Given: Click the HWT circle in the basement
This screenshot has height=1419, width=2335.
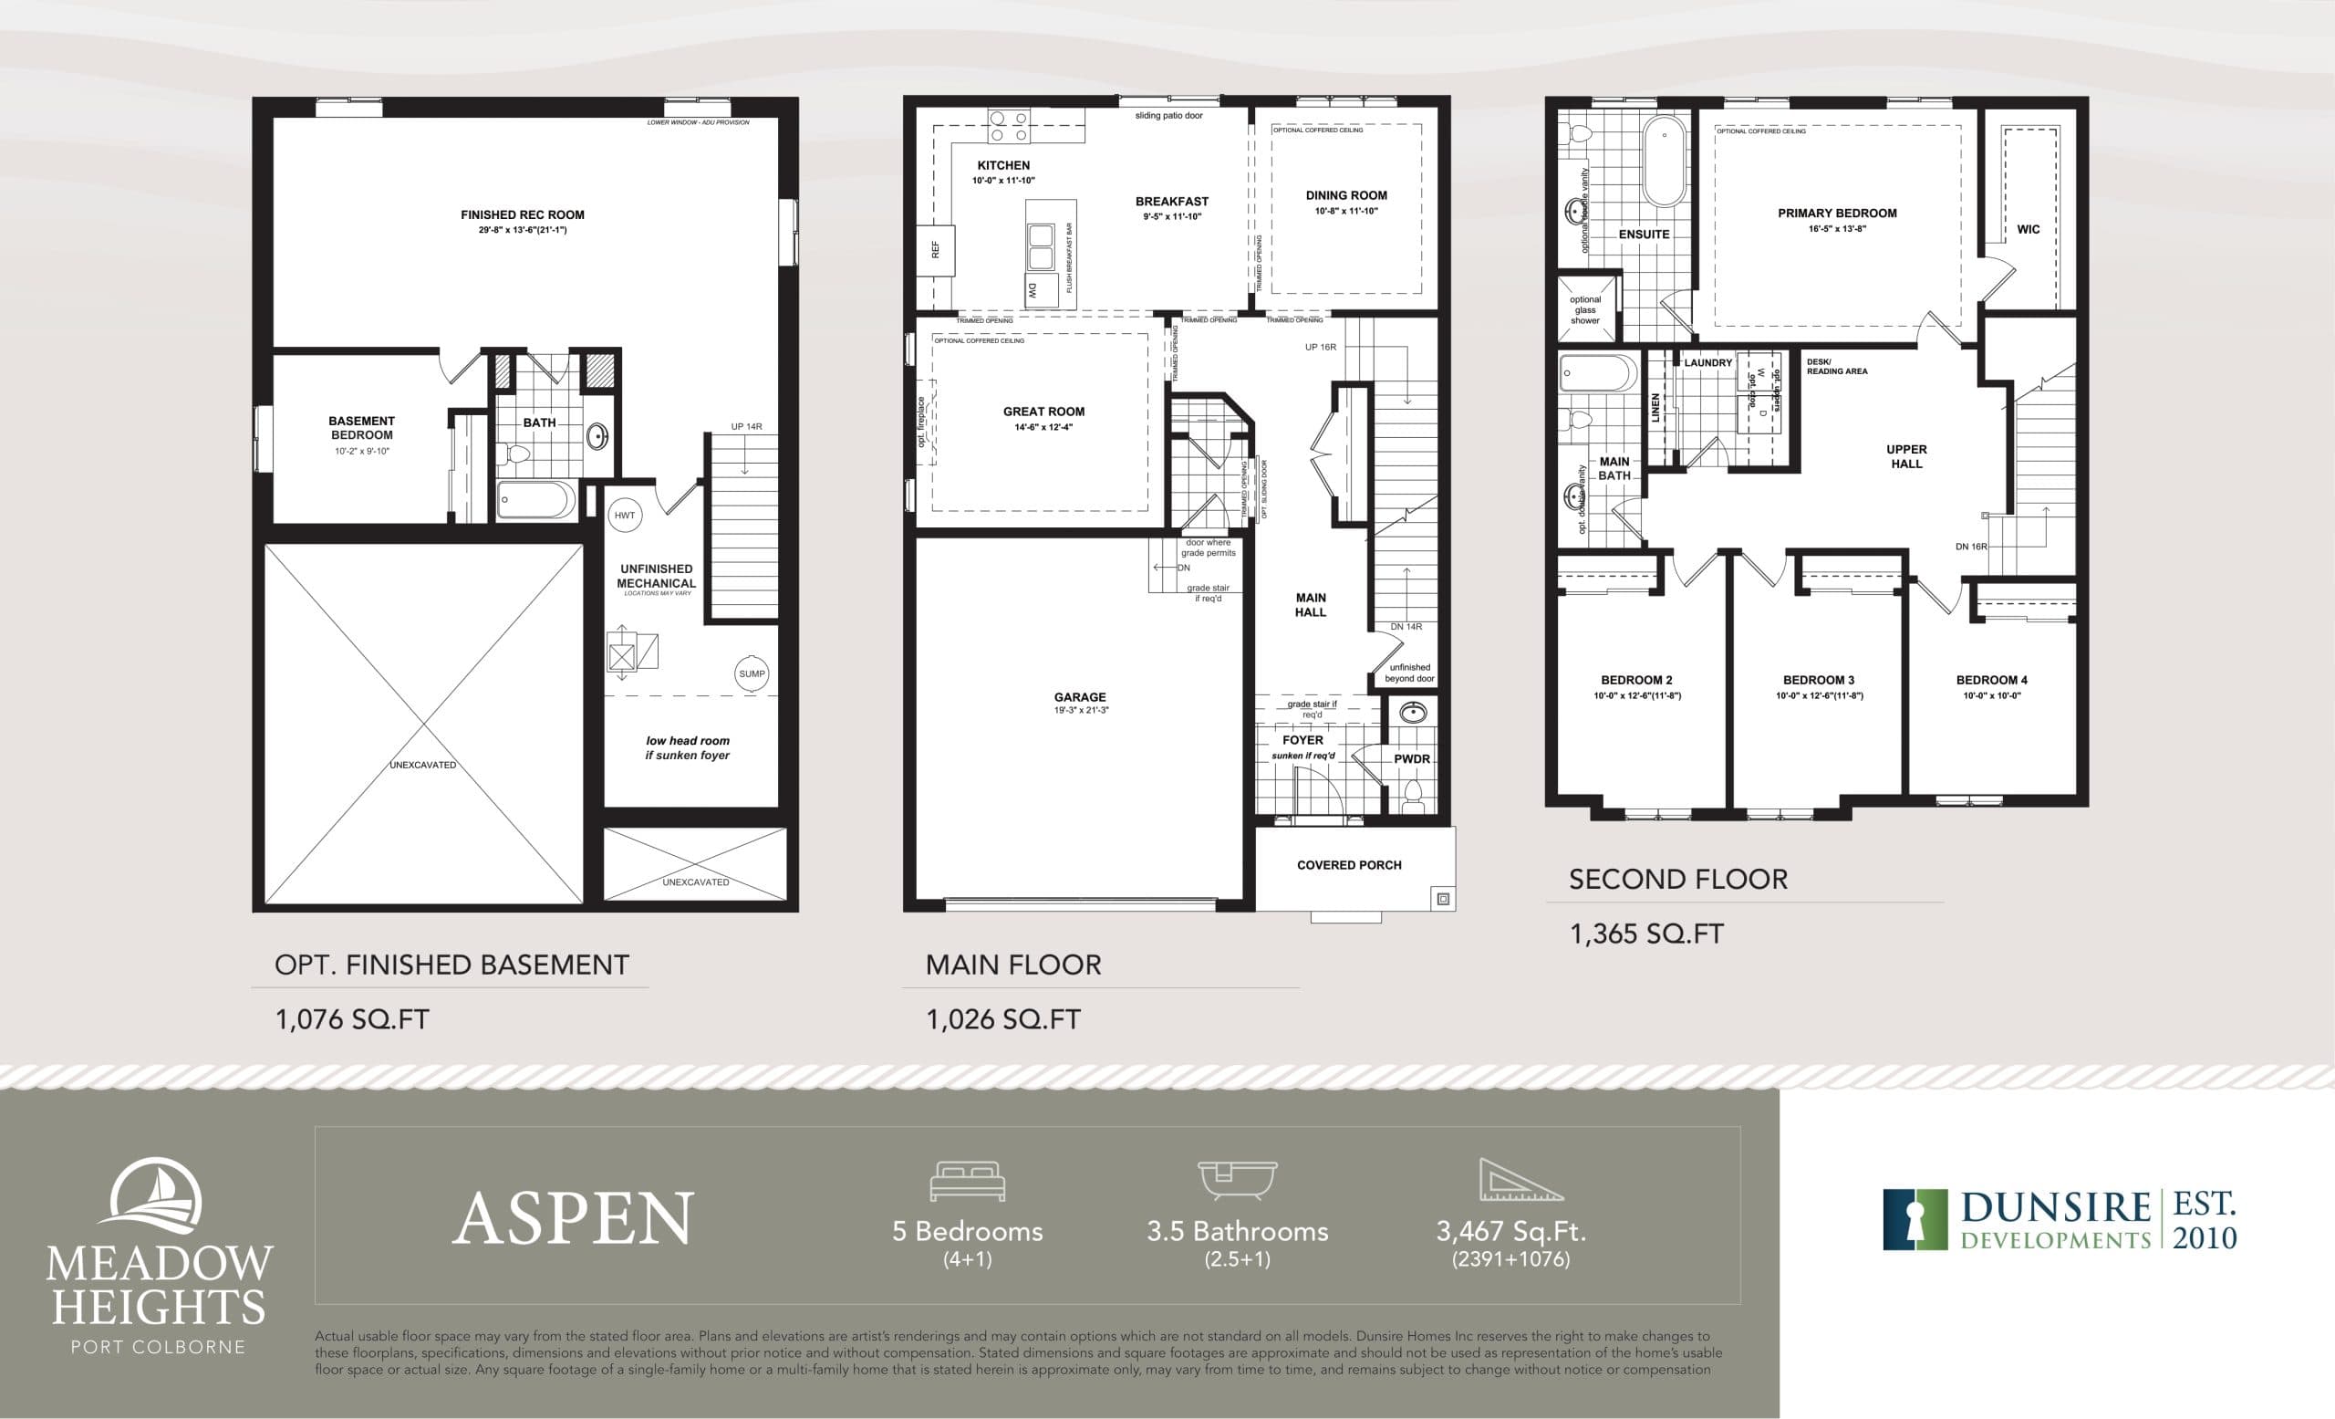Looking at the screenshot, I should click(625, 516).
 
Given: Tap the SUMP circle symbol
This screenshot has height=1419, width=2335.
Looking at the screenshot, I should click(752, 674).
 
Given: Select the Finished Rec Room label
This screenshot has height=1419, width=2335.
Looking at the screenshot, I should click(522, 215).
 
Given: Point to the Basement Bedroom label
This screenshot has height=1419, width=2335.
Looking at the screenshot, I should click(361, 427).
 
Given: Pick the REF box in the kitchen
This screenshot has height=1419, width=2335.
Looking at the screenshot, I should click(936, 250).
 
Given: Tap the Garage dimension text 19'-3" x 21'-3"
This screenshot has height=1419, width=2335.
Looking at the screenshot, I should click(1080, 710).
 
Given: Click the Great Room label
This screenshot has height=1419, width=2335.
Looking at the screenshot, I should click(1043, 412).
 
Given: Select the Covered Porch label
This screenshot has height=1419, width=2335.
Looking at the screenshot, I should click(1348, 864).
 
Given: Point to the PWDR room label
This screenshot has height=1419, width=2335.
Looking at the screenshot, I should click(1411, 759).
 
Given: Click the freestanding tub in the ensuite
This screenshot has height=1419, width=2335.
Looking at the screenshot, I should click(1664, 162).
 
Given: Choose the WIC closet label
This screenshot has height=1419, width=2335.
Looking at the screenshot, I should click(2028, 229).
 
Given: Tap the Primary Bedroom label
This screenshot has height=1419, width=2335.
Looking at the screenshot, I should click(1837, 214).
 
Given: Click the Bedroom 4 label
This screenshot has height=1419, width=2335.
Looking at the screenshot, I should click(1991, 680).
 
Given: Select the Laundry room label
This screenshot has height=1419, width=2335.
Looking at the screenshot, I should click(1707, 363).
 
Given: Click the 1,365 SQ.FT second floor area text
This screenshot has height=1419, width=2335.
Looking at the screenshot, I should click(1646, 934).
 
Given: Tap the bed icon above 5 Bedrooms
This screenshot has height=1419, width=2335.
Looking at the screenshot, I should click(967, 1181).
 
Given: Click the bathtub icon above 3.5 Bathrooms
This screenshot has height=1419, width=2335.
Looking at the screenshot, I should click(1237, 1181).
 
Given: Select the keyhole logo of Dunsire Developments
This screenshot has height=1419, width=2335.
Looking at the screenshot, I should click(1915, 1220).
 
